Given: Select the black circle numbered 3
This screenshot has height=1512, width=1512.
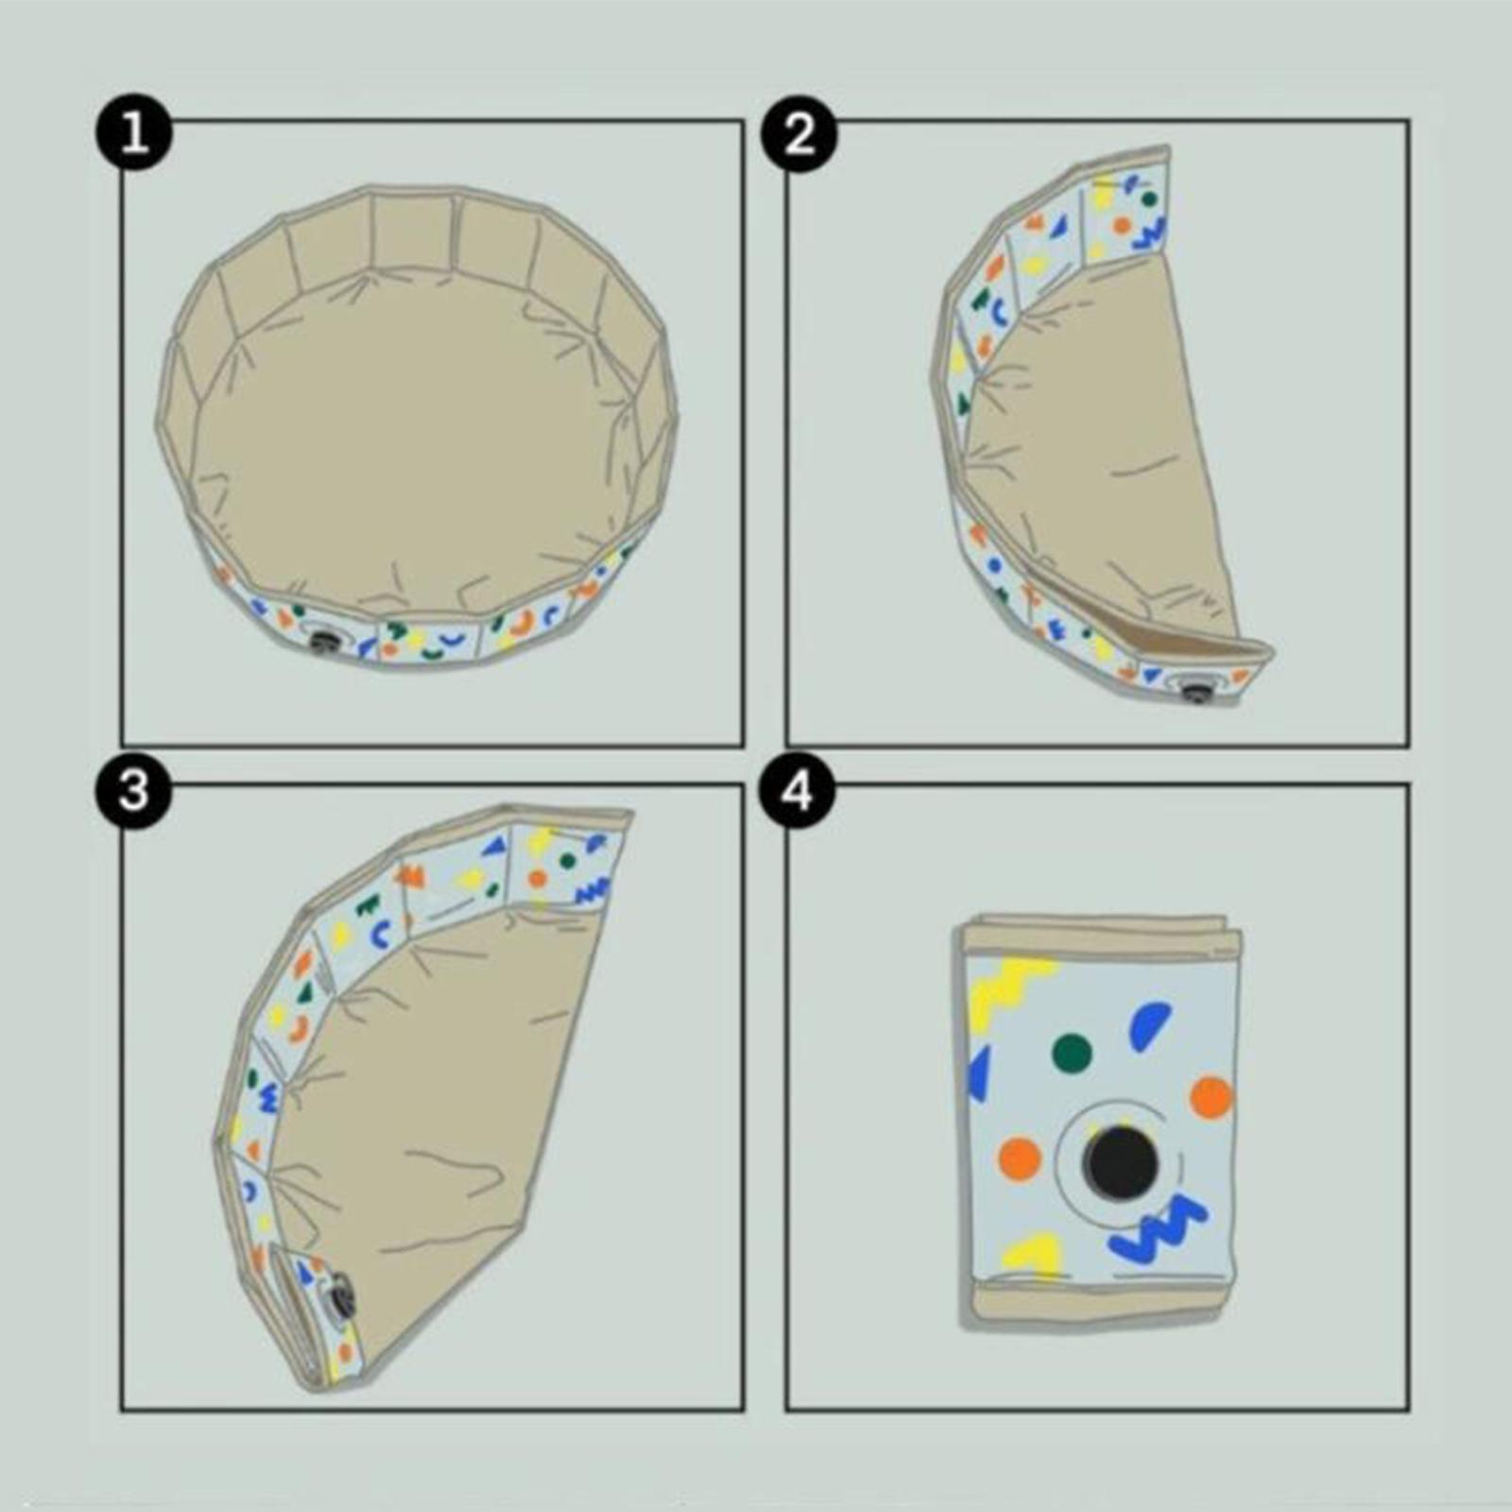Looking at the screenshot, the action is pos(134,790).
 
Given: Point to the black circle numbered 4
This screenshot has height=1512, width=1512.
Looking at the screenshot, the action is pos(799,790).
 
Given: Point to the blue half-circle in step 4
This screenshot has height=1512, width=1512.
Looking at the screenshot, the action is pos(1148,1026).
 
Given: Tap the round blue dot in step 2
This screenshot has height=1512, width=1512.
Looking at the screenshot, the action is pos(993,564).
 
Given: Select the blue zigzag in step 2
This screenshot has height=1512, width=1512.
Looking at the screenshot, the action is pos(1154,232).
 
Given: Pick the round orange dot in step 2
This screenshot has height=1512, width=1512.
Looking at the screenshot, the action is pos(1121,226).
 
